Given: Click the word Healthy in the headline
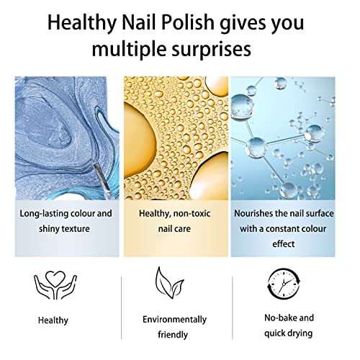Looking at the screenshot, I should pyautogui.click(x=82, y=24).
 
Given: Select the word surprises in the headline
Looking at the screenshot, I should pyautogui.click(x=210, y=50).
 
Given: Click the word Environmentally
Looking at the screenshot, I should pyautogui.click(x=175, y=319).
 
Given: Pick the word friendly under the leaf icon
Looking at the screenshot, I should pyautogui.click(x=175, y=334).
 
